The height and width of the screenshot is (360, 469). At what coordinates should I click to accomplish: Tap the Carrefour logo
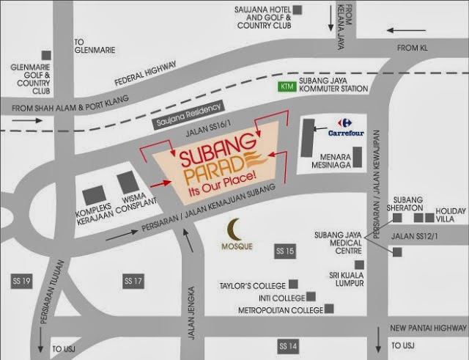click(340, 123)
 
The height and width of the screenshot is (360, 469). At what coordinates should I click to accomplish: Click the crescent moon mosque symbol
click(234, 229)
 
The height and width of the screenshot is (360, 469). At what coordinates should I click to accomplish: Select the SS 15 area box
click(284, 251)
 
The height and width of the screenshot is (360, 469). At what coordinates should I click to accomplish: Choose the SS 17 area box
click(133, 281)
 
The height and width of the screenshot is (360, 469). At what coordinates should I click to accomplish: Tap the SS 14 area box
click(287, 345)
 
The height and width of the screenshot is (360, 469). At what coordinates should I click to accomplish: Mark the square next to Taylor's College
click(293, 284)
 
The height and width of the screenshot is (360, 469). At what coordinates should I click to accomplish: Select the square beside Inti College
click(311, 297)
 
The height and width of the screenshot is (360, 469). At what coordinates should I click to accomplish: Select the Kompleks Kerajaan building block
click(94, 195)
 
